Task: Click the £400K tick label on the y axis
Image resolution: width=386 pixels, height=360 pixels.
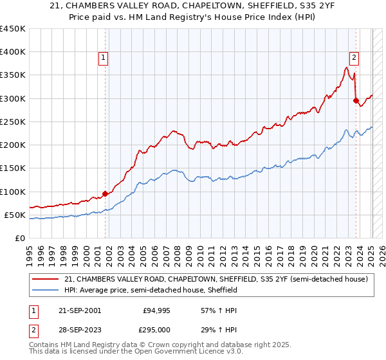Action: coord(13,52)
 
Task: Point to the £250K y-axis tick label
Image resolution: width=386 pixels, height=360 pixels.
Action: coord(13,122)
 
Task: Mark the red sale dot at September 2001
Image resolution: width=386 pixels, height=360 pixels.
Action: coord(105,194)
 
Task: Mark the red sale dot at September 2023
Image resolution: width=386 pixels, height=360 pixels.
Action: coord(356,100)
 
